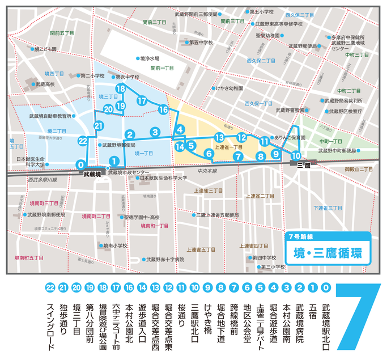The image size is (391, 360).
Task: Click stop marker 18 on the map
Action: [120, 89]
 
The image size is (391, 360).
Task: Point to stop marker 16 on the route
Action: [163, 109]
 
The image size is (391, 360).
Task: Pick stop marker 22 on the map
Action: [83, 141]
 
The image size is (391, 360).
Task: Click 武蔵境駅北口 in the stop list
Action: [325, 320]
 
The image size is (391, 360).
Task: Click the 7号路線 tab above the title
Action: [300, 235]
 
